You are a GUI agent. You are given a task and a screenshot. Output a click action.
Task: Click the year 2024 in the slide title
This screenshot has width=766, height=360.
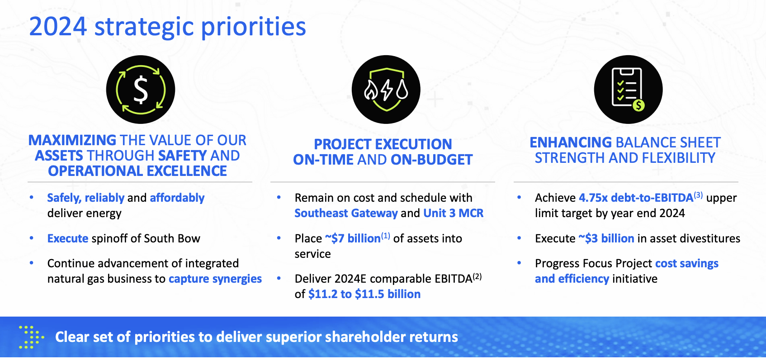pos(58,27)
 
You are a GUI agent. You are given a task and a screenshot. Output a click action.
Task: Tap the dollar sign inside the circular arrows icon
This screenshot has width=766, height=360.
pos(141,90)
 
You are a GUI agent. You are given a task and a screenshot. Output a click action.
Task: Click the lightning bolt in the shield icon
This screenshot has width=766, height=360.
pos(387,90)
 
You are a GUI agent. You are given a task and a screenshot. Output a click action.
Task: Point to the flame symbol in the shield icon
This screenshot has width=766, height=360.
pos(371,90)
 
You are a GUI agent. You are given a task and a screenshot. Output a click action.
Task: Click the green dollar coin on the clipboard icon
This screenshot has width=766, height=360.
pos(638,105)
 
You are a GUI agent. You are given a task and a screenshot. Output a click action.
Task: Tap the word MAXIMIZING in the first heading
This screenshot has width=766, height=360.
pos(72,140)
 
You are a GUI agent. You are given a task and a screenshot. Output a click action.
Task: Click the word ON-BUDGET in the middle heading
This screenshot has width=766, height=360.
pos(431,160)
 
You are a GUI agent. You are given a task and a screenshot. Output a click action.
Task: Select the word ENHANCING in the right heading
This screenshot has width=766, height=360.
pos(570,142)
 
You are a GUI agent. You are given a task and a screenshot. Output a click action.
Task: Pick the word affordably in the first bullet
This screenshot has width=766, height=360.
pos(177,198)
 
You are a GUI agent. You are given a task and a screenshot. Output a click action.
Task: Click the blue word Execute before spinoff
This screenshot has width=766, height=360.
pos(68,238)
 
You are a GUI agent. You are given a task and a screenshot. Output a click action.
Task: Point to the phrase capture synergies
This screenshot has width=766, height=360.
pos(215,279)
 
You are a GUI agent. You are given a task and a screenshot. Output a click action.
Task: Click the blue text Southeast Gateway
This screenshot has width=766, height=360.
pos(346,213)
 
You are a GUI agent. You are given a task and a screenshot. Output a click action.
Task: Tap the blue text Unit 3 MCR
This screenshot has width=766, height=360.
pos(454,213)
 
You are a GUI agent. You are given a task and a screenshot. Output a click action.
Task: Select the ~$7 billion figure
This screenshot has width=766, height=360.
pos(353,238)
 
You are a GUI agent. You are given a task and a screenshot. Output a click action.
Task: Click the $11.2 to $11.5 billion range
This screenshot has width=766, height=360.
pos(364,294)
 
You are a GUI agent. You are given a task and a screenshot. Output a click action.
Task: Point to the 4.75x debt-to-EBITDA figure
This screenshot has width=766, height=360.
pos(636,198)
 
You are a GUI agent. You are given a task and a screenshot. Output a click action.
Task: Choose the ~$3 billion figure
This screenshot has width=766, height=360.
pos(606,238)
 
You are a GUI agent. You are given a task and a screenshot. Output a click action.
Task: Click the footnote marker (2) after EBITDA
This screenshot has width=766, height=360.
pos(477,276)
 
